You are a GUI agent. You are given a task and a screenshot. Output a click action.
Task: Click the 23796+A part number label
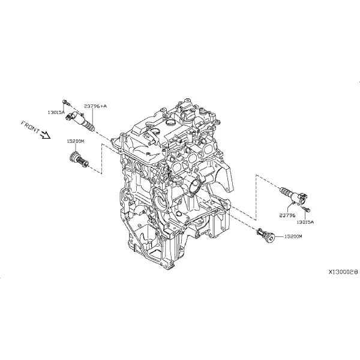click(95, 106)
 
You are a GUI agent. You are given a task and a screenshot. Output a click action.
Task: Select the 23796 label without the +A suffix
click(287, 215)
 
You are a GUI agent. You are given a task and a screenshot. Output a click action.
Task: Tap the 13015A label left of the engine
click(56, 112)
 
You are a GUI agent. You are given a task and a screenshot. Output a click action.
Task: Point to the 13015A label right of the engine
click(305, 222)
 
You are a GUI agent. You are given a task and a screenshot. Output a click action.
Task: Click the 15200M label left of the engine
click(76, 142)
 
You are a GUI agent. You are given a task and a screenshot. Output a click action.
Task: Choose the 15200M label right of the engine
click(293, 236)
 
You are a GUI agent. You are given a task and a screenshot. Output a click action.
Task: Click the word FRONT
click(31, 127)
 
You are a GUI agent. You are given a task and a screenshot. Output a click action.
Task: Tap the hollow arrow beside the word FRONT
click(45, 135)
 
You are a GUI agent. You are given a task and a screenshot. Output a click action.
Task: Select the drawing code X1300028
click(343, 272)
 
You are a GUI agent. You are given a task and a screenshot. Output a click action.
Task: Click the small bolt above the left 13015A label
click(65, 102)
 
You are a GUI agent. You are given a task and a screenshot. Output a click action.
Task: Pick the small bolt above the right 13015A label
click(307, 209)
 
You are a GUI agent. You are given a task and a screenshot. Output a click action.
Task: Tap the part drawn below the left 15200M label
click(79, 160)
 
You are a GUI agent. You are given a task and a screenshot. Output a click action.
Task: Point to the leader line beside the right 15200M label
click(280, 236)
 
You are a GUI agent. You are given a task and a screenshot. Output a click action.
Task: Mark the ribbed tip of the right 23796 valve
click(284, 191)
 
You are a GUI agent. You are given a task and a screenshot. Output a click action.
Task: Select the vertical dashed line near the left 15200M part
click(101, 158)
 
